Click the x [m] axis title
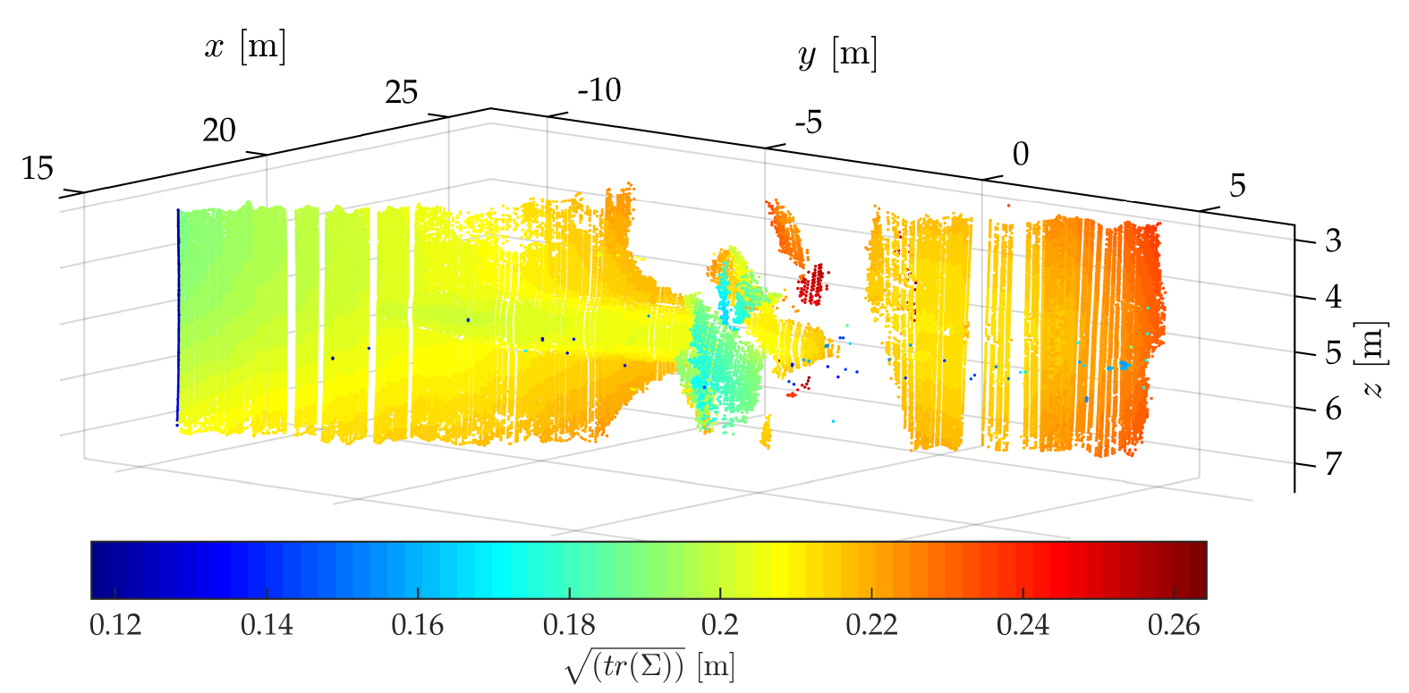(x=245, y=46)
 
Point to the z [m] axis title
(x=1372, y=359)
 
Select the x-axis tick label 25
(x=401, y=92)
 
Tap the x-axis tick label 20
(x=218, y=131)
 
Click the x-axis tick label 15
(x=38, y=168)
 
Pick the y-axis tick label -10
(x=598, y=90)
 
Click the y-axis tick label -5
(x=807, y=123)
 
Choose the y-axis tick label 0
(x=1020, y=155)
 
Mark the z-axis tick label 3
(x=1333, y=241)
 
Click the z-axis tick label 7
(x=1333, y=464)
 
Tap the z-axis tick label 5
(x=1333, y=353)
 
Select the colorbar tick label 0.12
(x=115, y=625)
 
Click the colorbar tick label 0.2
(x=720, y=625)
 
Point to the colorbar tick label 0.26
(x=1174, y=625)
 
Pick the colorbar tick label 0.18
(x=569, y=625)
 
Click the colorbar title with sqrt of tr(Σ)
(x=650, y=666)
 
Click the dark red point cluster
(x=812, y=285)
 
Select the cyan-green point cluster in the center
(x=720, y=371)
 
